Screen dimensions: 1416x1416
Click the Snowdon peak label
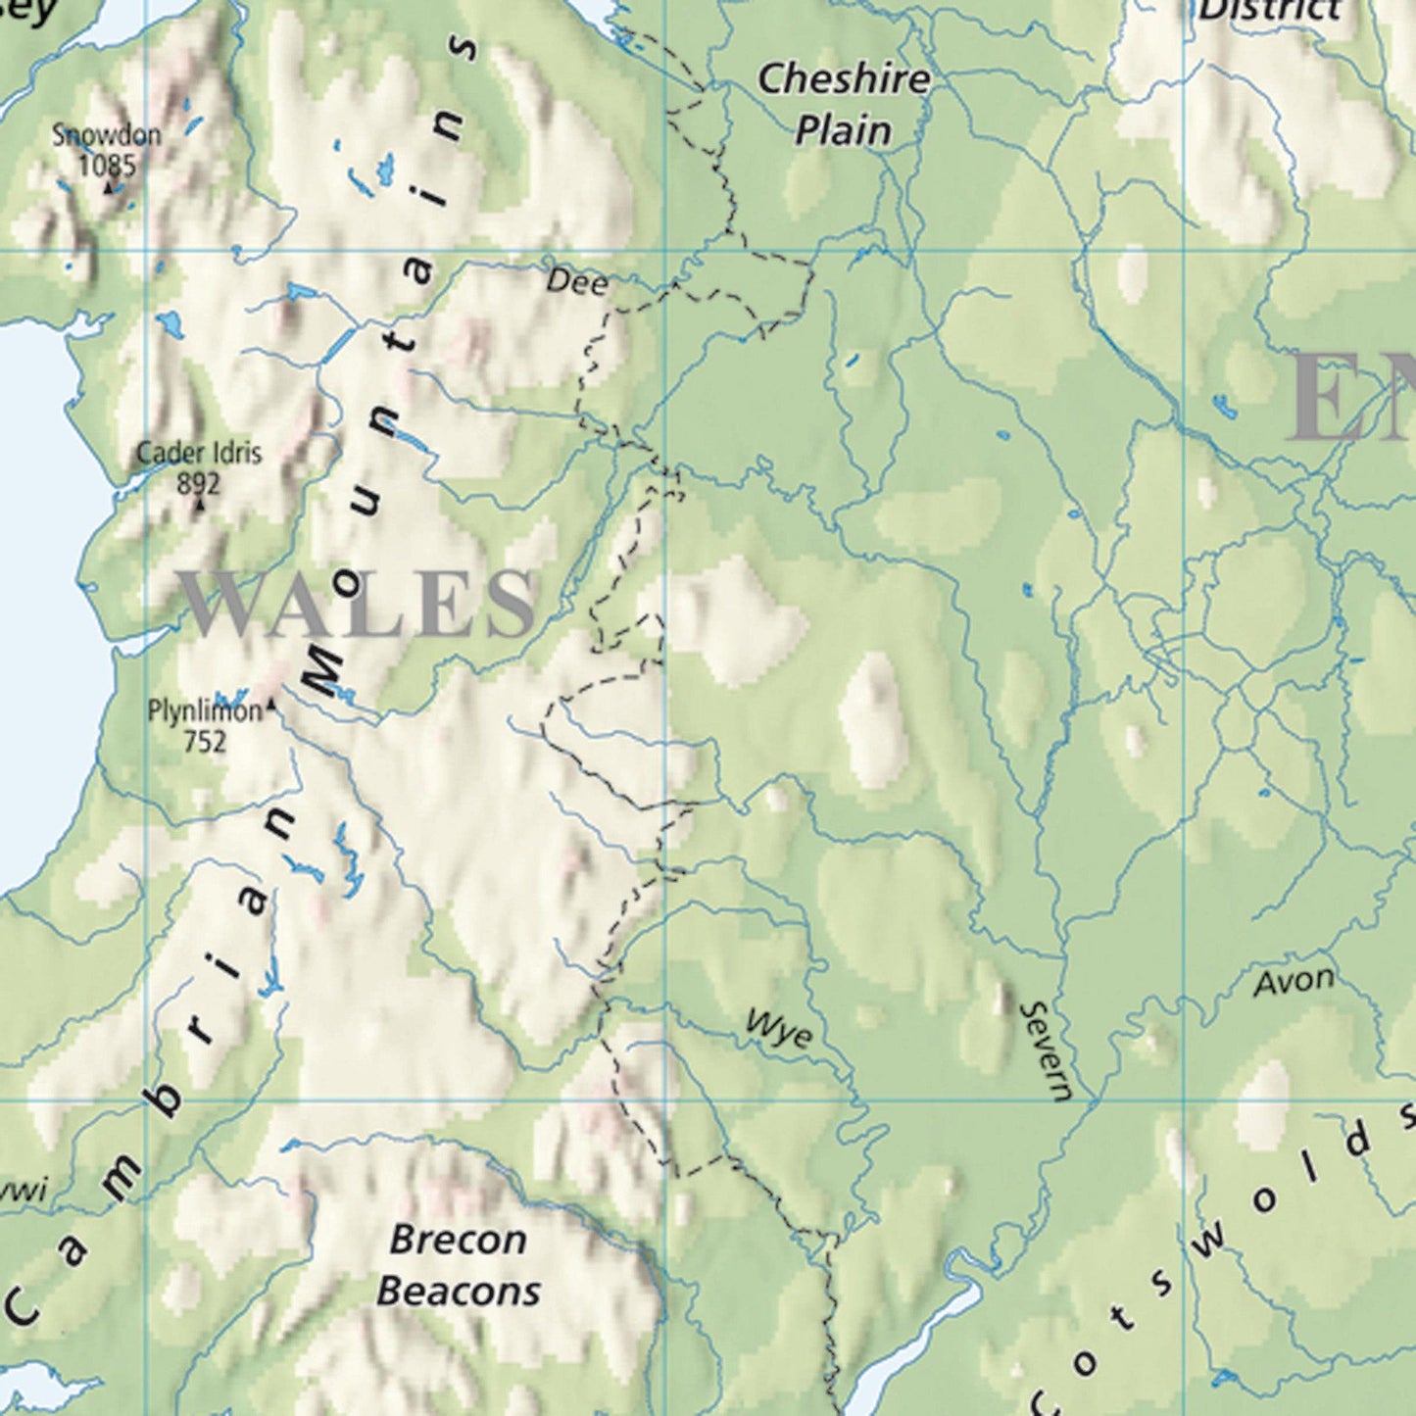point(106,135)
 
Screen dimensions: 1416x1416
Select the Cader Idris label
point(199,454)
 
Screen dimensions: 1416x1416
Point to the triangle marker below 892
point(200,505)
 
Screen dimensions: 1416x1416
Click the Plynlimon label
point(204,710)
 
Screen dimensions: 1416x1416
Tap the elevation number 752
point(204,741)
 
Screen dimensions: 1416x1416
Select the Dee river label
point(576,282)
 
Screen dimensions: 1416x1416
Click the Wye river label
point(779,1029)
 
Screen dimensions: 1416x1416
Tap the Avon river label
point(1294,981)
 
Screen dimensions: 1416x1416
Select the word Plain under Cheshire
point(843,130)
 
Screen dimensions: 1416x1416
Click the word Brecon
point(458,1240)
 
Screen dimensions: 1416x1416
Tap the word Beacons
point(458,1291)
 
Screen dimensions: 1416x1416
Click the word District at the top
point(1269,10)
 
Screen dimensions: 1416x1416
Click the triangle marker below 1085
point(108,185)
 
